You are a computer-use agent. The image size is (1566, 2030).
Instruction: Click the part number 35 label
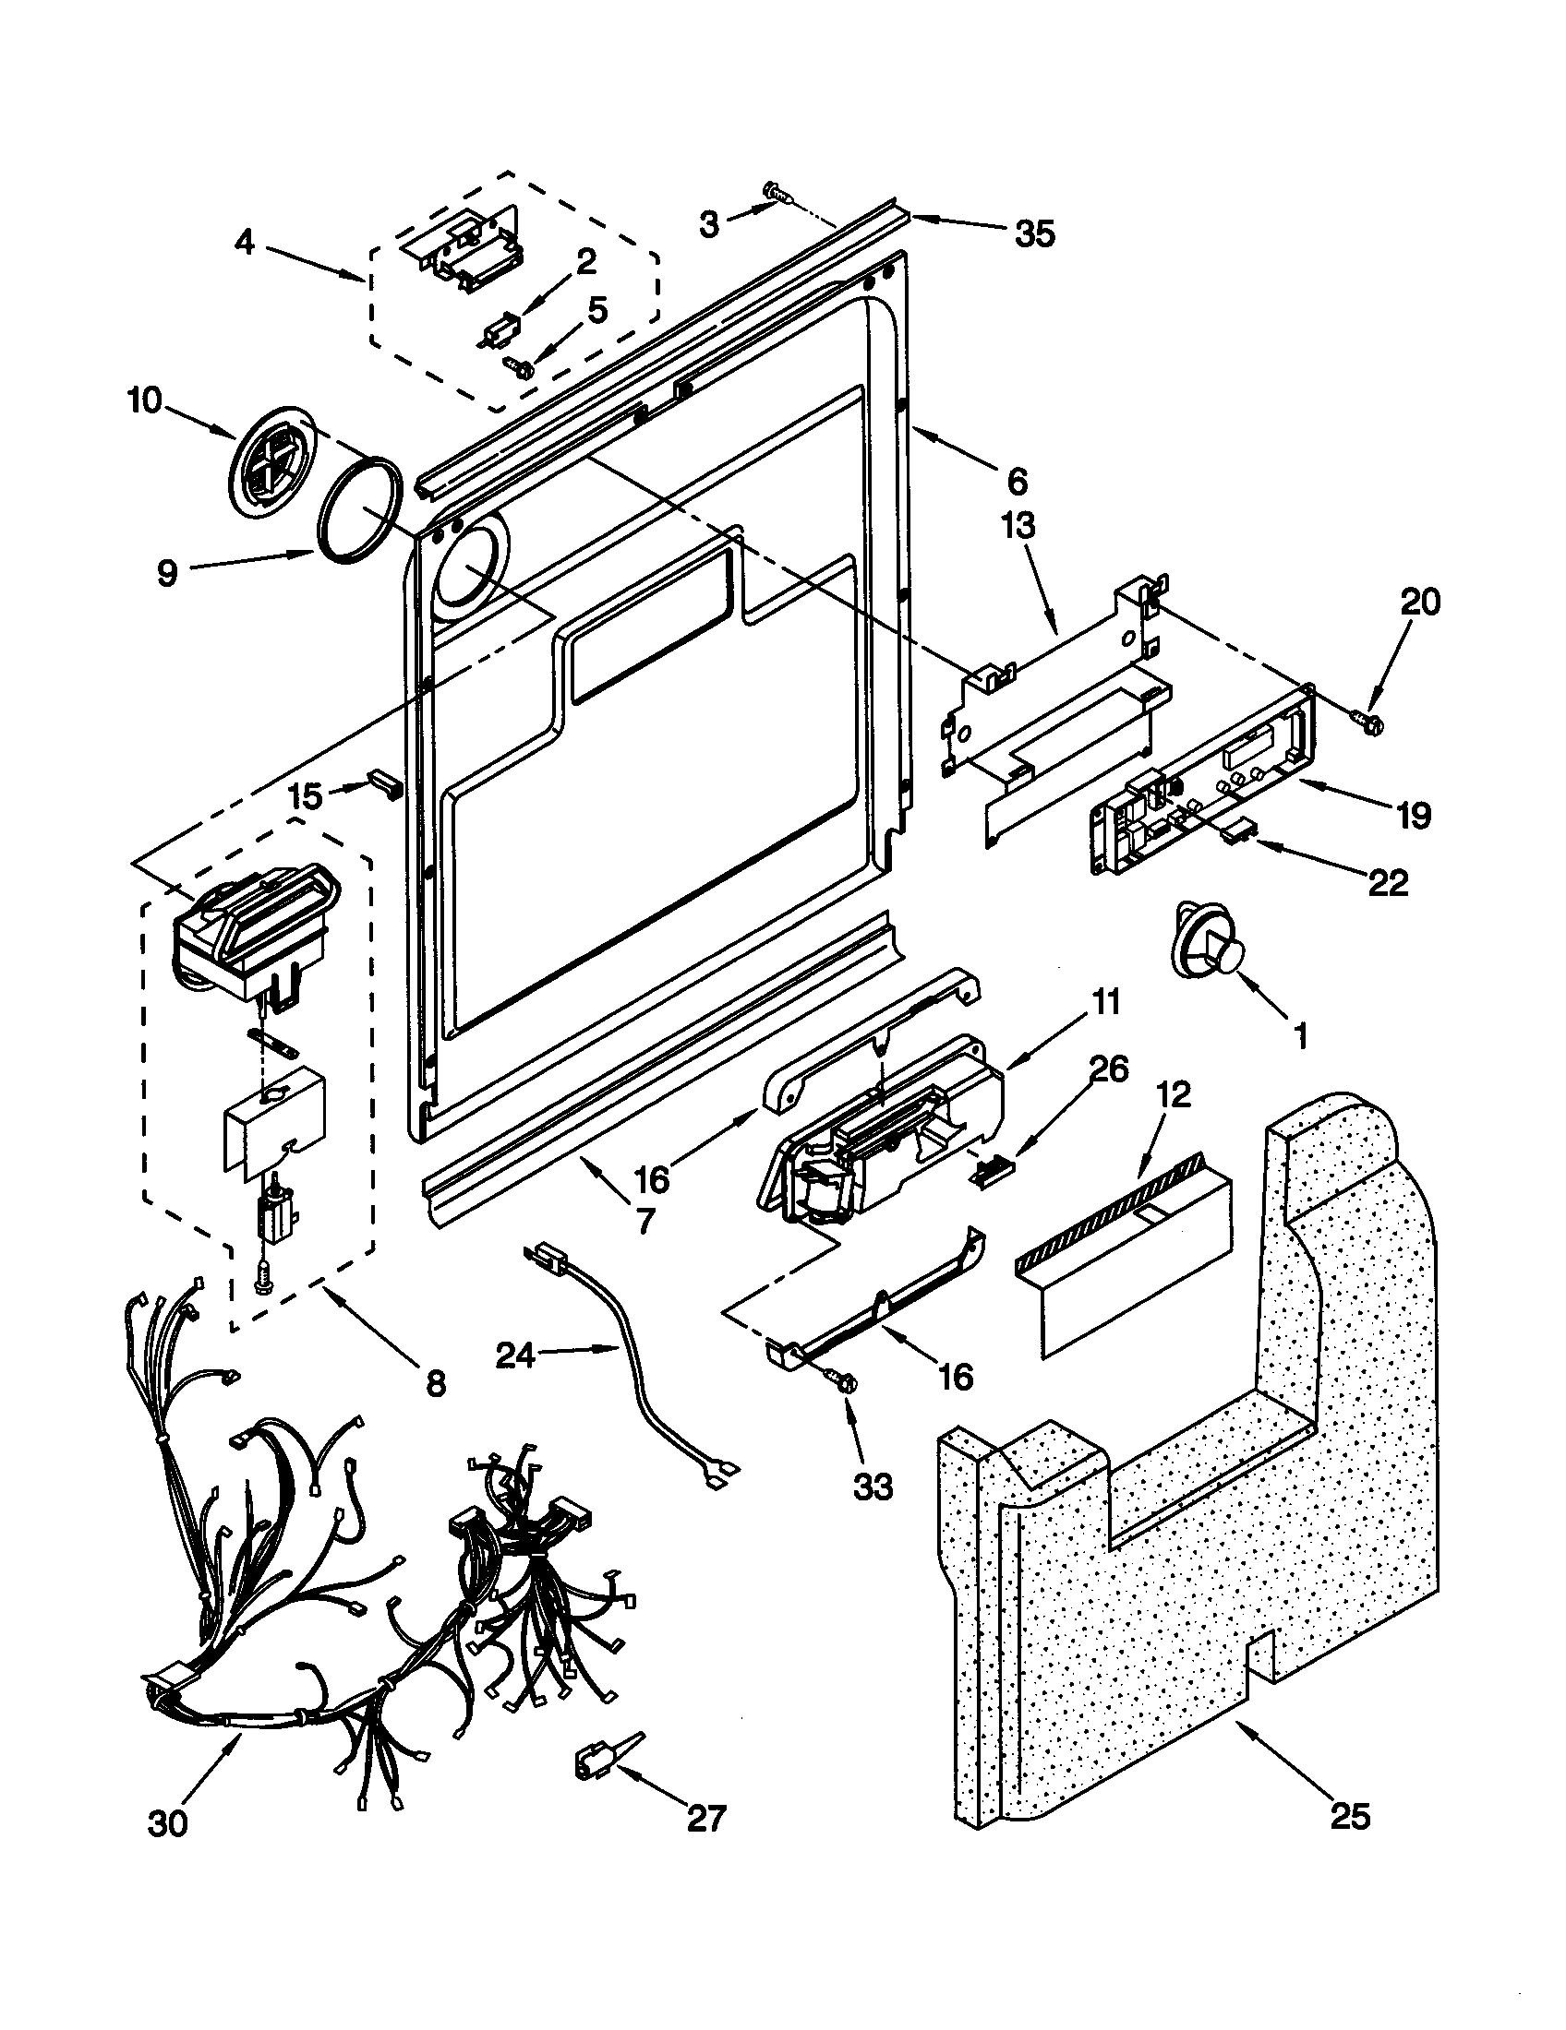tap(1034, 234)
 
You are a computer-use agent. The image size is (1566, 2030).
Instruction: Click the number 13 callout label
tap(1018, 527)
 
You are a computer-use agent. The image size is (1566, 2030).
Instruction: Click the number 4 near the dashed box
tap(244, 243)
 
